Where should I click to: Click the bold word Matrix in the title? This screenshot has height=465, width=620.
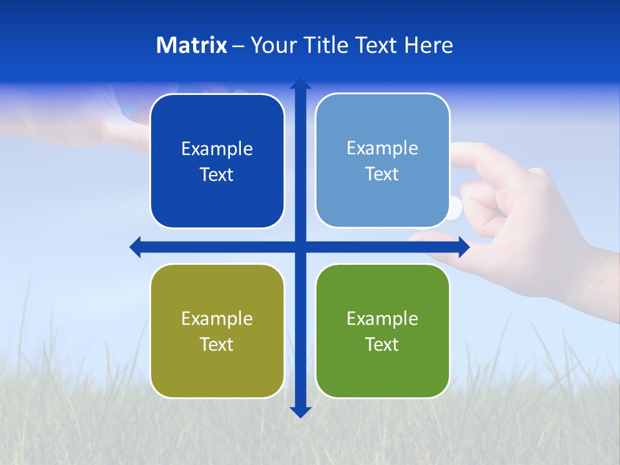(192, 45)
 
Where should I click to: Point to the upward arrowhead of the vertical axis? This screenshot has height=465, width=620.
(300, 84)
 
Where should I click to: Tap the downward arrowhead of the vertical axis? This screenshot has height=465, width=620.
(300, 411)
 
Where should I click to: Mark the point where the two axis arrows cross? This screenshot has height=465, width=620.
(300, 247)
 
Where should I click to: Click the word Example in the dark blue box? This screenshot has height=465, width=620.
(217, 149)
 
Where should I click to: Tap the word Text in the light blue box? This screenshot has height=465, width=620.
(382, 174)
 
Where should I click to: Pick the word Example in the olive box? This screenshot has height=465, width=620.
(217, 318)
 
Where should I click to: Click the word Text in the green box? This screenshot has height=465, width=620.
(382, 344)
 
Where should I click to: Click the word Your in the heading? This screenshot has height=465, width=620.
(271, 45)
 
